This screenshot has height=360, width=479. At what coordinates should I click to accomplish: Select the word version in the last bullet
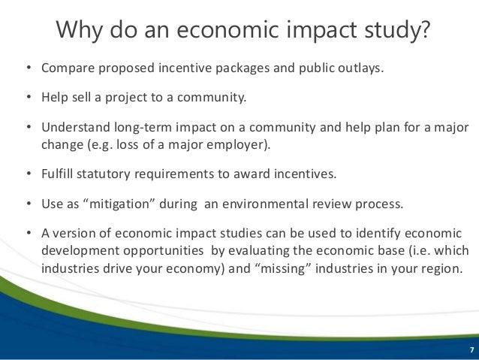pos(76,231)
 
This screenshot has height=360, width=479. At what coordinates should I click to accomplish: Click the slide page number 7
pos(471,351)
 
